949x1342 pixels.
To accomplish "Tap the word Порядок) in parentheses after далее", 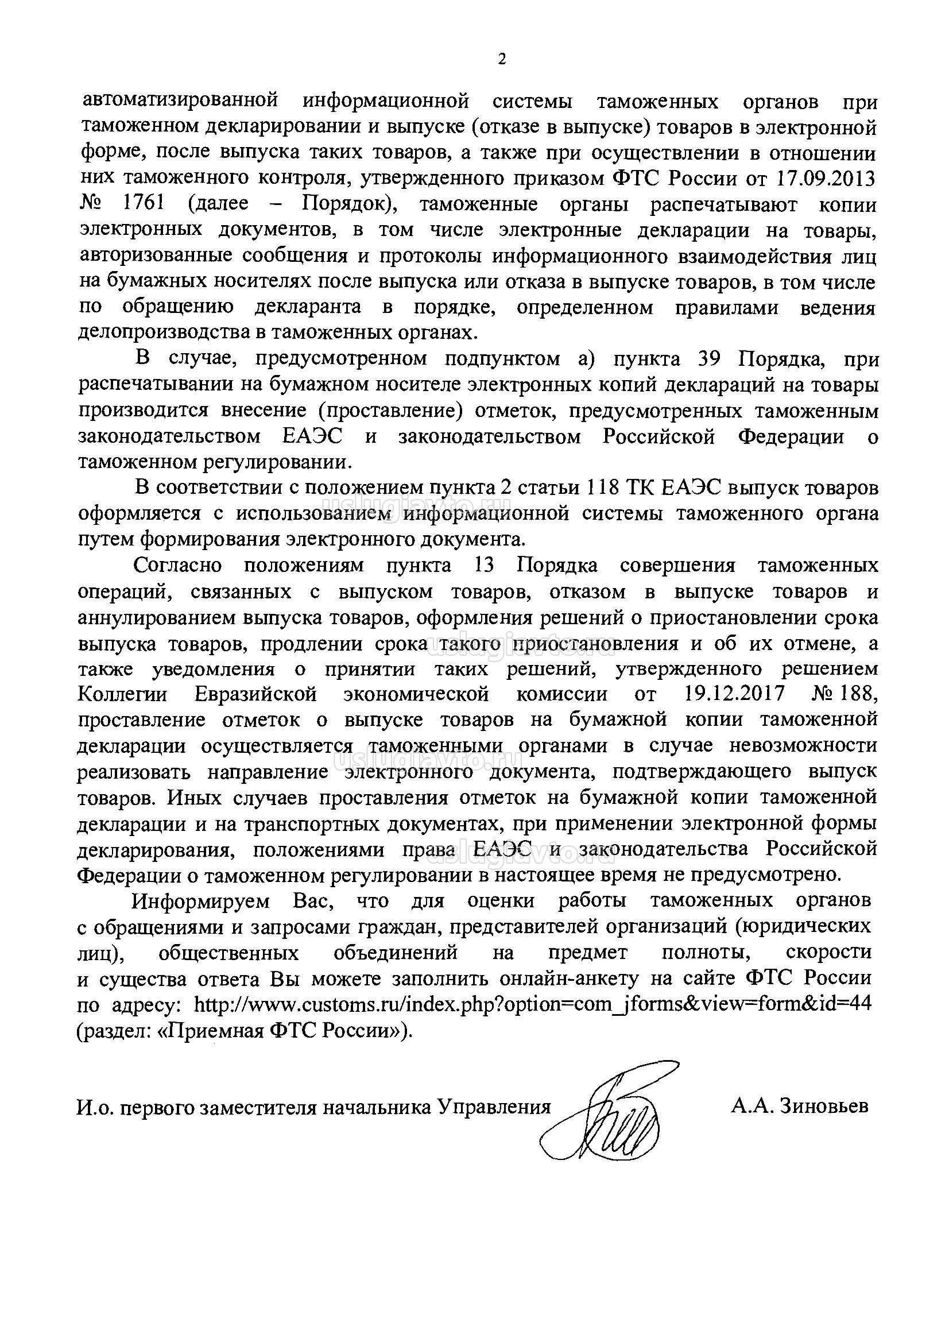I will [348, 204].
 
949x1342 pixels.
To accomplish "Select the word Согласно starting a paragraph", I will [177, 565].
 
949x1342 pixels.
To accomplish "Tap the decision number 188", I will [859, 694].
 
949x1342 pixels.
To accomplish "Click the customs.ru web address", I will [532, 1004].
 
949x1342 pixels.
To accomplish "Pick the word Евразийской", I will [256, 694].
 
